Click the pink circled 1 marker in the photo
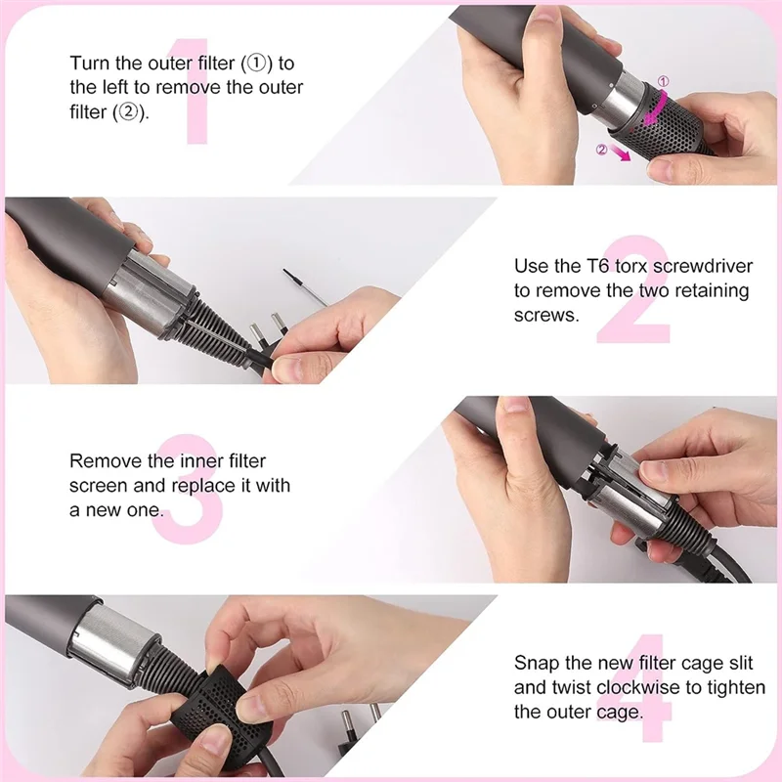(x=662, y=82)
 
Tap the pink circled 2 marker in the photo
(x=602, y=150)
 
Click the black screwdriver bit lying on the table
(x=309, y=284)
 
